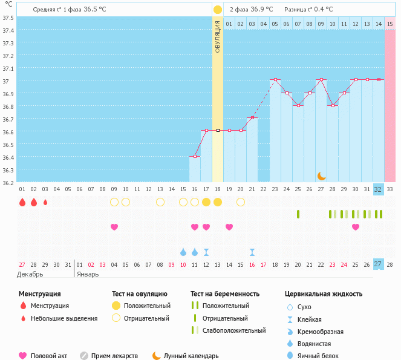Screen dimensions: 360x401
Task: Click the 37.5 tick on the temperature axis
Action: coord(8,18)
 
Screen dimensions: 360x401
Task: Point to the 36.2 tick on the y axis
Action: coord(8,182)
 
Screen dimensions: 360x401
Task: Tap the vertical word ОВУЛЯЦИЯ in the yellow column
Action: coord(218,36)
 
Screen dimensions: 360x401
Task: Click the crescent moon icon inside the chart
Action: coord(322,175)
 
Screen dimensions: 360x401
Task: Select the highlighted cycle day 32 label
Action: coord(379,189)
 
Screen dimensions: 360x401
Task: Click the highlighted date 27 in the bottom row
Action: coord(379,264)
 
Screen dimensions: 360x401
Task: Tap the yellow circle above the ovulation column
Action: coord(218,10)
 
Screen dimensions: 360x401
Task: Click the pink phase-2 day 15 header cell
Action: coord(390,24)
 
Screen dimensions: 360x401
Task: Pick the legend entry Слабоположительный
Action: coord(234,330)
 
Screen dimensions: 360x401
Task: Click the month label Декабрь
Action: coord(30,273)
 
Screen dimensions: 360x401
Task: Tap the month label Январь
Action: coord(88,273)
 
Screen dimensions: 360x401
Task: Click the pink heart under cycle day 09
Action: coord(114,227)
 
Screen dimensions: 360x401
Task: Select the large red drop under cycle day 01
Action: coord(22,202)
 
